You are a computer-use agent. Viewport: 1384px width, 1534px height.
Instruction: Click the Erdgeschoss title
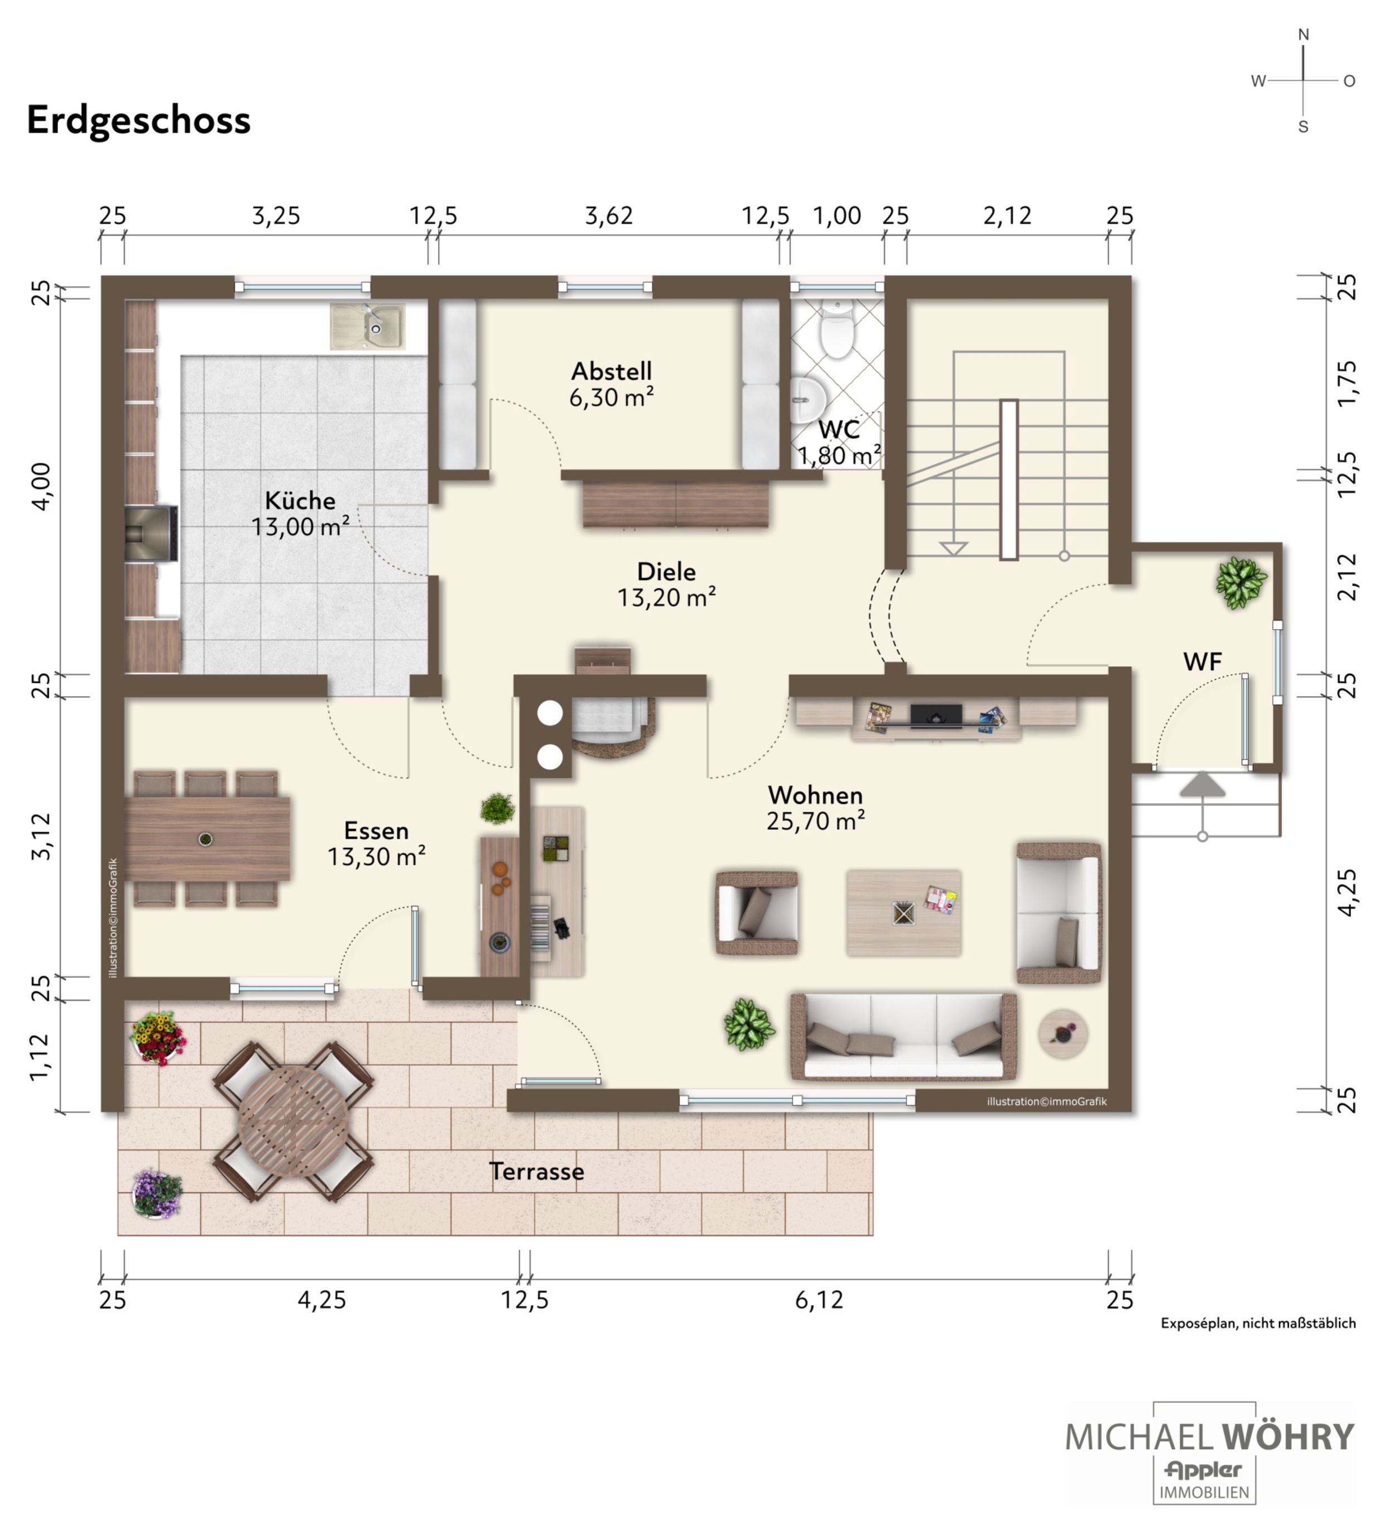pyautogui.click(x=138, y=120)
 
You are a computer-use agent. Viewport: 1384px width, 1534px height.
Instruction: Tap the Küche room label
pyautogui.click(x=300, y=500)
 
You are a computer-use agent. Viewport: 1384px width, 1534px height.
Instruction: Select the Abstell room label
pyautogui.click(x=612, y=371)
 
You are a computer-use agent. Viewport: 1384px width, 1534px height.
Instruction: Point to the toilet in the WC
pyautogui.click(x=837, y=329)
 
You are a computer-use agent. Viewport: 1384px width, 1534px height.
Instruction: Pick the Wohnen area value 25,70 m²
pyautogui.click(x=815, y=821)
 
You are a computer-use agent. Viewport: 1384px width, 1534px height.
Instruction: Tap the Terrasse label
pyautogui.click(x=536, y=1172)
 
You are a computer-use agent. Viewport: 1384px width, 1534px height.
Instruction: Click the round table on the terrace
pyautogui.click(x=293, y=1122)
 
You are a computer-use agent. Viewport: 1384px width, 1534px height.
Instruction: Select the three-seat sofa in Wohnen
pyautogui.click(x=904, y=1037)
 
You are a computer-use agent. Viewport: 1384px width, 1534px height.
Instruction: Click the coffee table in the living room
pyautogui.click(x=904, y=913)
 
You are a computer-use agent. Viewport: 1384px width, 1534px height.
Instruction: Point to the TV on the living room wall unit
pyautogui.click(x=935, y=716)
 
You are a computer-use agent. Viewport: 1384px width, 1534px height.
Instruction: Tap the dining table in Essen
pyautogui.click(x=207, y=839)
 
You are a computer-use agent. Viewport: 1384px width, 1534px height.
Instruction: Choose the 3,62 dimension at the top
pyautogui.click(x=608, y=216)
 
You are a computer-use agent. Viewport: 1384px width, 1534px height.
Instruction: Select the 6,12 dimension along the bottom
pyautogui.click(x=819, y=1300)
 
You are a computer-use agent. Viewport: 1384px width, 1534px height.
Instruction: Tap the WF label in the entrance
pyautogui.click(x=1202, y=661)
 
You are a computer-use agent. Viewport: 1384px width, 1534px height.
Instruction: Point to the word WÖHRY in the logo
pyautogui.click(x=1288, y=1437)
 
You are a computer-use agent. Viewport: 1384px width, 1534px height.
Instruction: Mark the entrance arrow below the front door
pyautogui.click(x=1202, y=784)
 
